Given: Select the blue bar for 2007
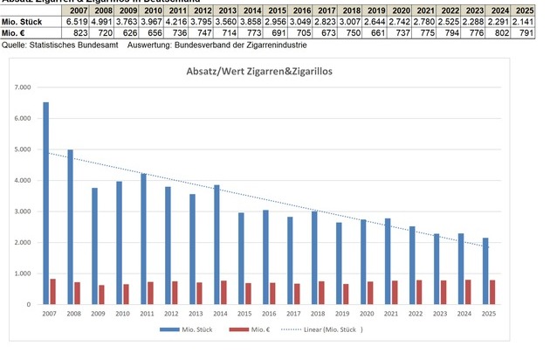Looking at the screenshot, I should pos(45,203).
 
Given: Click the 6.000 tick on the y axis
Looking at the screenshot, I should pos(22,118).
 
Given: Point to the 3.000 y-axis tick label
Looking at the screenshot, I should pos(22,211).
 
